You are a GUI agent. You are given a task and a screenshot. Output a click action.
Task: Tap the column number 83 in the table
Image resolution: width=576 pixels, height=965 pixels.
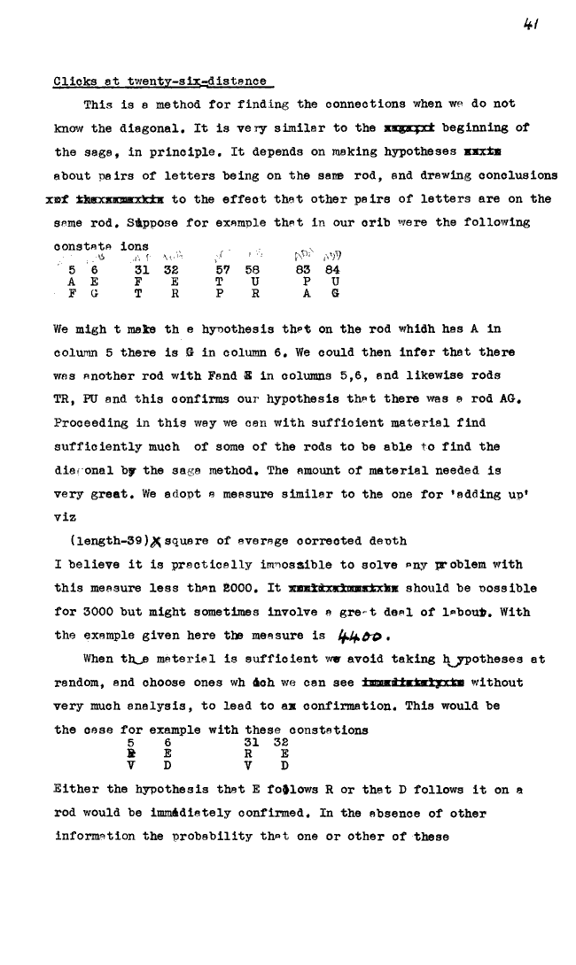coord(305,268)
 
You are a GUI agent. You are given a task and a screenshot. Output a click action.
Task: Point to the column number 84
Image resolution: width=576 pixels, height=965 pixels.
coord(332,268)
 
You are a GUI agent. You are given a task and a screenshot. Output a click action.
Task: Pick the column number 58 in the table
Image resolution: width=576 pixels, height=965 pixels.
coord(253,268)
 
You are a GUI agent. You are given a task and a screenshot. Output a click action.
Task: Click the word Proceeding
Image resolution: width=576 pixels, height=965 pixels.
coord(91,423)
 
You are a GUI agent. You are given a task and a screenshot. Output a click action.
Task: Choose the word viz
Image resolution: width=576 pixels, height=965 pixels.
coord(66,515)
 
